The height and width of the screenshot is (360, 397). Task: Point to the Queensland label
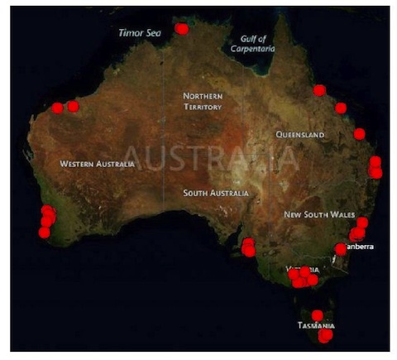[x=301, y=134]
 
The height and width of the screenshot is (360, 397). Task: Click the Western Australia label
[x=97, y=164]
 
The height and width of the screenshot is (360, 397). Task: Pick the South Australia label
[x=215, y=193]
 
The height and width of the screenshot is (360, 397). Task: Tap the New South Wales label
[x=319, y=214]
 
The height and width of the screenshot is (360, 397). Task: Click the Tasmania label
[x=316, y=326]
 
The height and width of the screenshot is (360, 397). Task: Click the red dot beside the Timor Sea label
[x=182, y=29]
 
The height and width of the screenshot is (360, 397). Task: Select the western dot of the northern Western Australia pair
[x=57, y=108]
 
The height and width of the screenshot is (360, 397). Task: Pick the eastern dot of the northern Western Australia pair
[x=73, y=106]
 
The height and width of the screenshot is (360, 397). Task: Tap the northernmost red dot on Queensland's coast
[x=319, y=89]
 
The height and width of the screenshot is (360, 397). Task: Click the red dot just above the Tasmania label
[x=317, y=314]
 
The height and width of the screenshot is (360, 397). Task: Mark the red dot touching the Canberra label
[x=341, y=248]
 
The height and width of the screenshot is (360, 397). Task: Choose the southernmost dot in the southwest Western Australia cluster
[x=44, y=233]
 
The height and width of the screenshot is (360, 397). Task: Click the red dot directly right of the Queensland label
[x=359, y=133]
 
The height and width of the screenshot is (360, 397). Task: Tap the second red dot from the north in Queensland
[x=340, y=108]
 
